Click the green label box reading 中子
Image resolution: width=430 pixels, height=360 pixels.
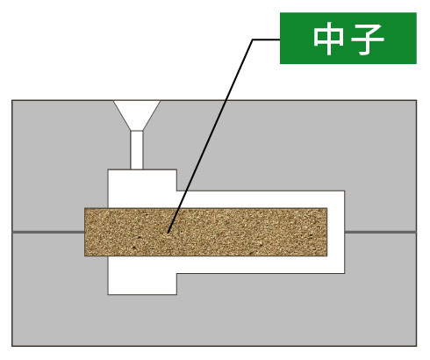click(348, 38)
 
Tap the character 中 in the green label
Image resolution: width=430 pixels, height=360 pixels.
click(328, 39)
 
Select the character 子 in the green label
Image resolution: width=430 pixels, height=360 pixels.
click(368, 39)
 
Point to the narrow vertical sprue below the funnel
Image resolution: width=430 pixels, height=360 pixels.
click(137, 150)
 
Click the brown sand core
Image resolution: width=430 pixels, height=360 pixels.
click(206, 232)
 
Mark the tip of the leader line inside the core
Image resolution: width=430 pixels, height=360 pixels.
click(168, 233)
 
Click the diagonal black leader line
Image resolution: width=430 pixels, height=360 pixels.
click(211, 136)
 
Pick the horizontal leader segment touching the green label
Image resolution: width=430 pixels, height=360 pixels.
click(266, 40)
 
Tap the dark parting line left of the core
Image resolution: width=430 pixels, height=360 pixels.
click(48, 233)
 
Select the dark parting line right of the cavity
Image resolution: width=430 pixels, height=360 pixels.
click(381, 233)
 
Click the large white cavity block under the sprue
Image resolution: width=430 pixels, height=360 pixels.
click(142, 189)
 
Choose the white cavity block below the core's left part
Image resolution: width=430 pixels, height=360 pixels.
click(142, 275)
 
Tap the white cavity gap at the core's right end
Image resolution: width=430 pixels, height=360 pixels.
click(336, 232)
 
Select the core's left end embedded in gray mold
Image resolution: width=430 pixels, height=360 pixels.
click(97, 232)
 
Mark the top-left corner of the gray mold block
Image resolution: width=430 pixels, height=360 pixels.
click(12, 100)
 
